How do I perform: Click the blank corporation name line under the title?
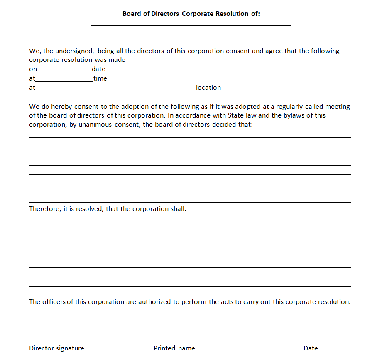coord(191,25)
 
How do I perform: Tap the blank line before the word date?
coord(64,71)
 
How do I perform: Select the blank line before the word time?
coord(64,81)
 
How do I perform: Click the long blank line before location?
coord(115,90)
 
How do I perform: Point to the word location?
coord(208,88)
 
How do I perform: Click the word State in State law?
coord(235,115)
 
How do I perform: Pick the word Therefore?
coord(44,208)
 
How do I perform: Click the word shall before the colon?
coord(176,208)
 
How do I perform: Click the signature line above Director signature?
coord(67,342)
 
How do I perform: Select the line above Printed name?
coord(206,342)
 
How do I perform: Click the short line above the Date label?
coord(322,342)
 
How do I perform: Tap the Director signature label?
coord(56,348)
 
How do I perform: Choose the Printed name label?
coord(174,348)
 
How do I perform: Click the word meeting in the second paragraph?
coord(337,107)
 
